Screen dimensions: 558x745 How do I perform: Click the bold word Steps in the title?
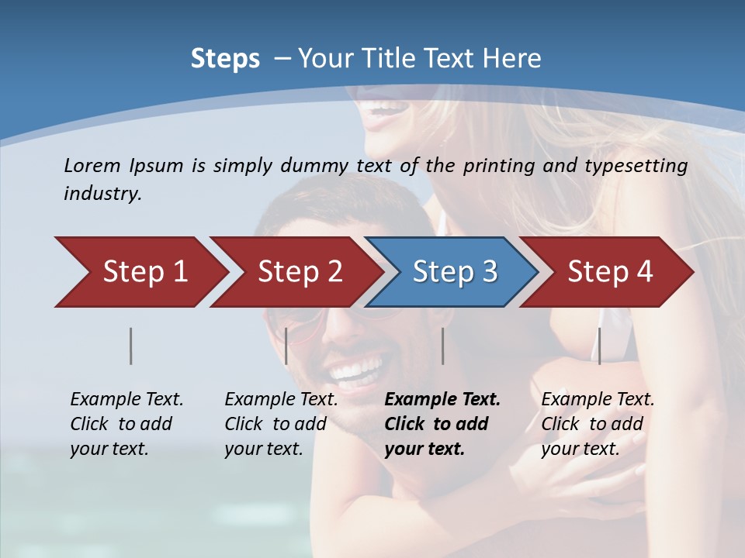pos(225,59)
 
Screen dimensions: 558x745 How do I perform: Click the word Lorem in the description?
pos(92,165)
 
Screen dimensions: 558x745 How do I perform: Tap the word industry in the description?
pos(102,194)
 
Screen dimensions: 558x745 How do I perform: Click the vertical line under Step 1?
pos(130,346)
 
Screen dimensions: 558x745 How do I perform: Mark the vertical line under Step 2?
pos(286,346)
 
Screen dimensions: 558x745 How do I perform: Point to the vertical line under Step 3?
pos(443,346)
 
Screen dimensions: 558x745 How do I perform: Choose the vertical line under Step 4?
pos(600,346)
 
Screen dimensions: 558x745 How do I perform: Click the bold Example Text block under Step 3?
pos(442,424)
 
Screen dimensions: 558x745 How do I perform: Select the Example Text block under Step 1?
pos(126,424)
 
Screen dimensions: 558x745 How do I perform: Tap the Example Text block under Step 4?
pos(598,424)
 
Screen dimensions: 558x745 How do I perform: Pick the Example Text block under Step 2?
pos(281,424)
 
